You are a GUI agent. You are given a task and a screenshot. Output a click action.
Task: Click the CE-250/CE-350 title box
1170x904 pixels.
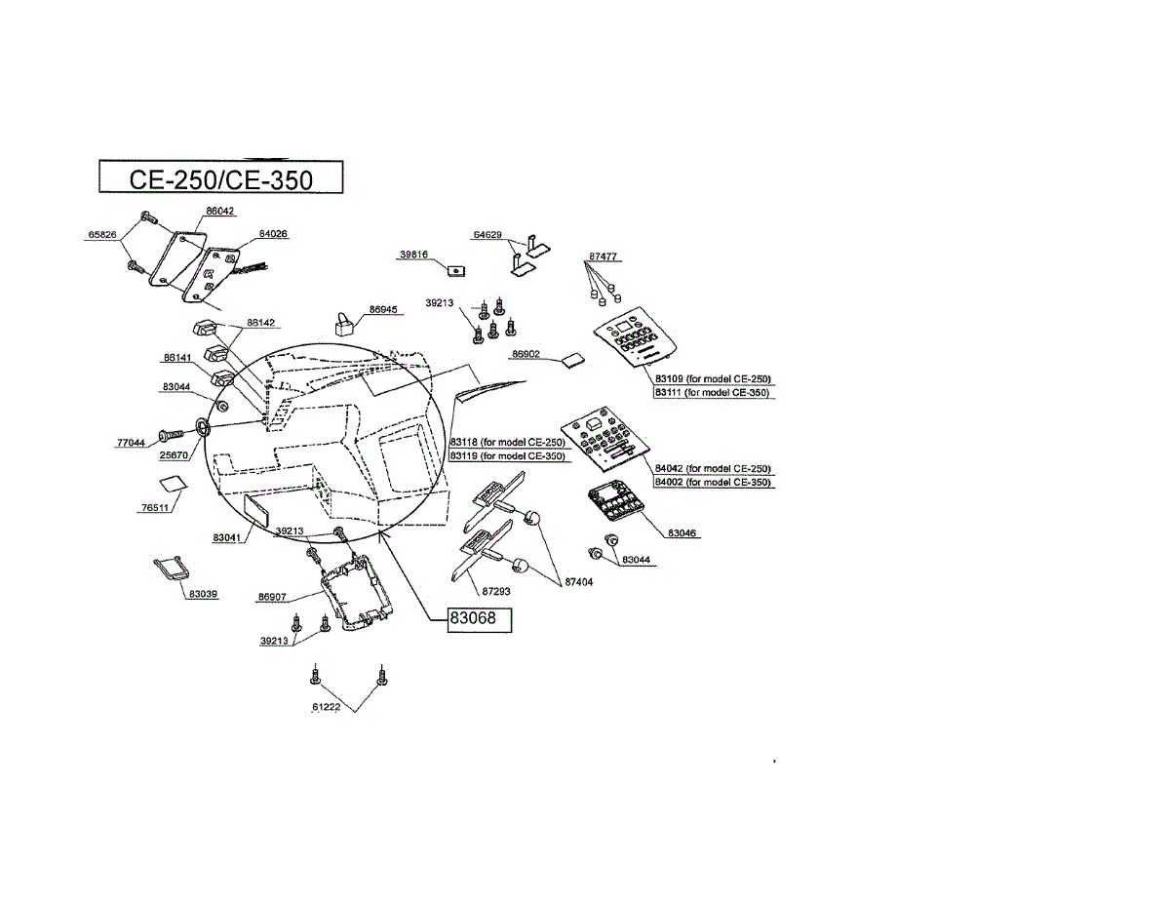pos(221,179)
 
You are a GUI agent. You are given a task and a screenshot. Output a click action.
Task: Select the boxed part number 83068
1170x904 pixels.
pos(479,619)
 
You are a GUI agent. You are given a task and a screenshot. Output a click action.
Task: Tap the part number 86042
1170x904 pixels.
pos(219,211)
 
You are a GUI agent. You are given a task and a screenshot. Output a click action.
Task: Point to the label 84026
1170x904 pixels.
pos(273,234)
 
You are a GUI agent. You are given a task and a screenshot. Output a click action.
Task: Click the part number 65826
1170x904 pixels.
pos(102,235)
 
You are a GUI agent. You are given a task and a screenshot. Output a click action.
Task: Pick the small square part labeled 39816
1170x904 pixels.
pos(453,268)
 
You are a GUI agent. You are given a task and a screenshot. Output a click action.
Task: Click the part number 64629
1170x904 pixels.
pos(487,235)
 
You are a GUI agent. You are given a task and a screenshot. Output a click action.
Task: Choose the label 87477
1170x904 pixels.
pos(603,256)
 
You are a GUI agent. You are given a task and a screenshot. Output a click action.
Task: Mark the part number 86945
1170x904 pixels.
pos(383,309)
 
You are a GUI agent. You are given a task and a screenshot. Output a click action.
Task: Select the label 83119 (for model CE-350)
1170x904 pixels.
pos(507,455)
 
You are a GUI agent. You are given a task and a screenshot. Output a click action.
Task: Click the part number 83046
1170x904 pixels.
pos(683,533)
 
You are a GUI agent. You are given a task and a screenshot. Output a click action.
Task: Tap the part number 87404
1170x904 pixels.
pos(579,582)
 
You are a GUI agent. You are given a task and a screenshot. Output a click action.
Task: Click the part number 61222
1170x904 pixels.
pos(327,707)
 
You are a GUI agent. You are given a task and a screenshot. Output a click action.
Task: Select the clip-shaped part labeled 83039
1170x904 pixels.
pos(170,567)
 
